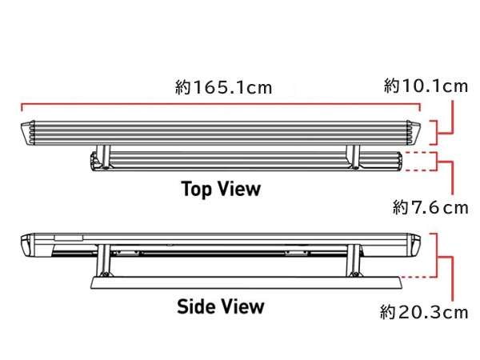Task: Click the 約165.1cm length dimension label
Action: click(x=223, y=87)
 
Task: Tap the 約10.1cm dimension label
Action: click(x=426, y=86)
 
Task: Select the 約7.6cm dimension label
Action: click(x=430, y=207)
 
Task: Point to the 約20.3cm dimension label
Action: click(x=424, y=312)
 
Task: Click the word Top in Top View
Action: click(x=196, y=189)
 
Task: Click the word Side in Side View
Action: click(x=196, y=306)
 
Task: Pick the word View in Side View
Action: click(x=242, y=306)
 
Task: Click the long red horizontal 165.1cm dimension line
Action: click(x=221, y=104)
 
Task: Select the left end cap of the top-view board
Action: click(x=27, y=133)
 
